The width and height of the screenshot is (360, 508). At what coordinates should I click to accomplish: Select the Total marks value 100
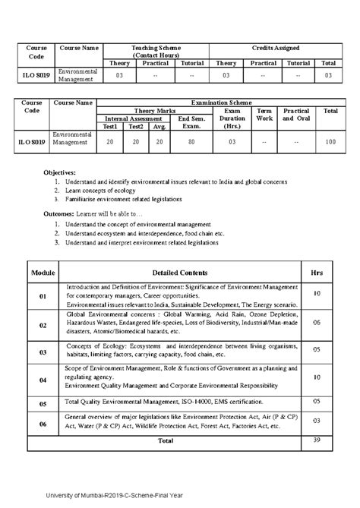(330, 141)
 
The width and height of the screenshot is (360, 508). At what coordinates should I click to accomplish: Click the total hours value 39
(317, 440)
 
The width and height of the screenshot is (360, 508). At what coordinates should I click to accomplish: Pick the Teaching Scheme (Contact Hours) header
(154, 52)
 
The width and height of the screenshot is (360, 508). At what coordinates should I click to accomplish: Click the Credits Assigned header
(276, 48)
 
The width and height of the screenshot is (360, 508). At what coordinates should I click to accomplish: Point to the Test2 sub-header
(135, 126)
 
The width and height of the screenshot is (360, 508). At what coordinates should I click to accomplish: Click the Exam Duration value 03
(232, 141)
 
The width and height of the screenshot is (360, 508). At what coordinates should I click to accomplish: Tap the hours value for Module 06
(317, 420)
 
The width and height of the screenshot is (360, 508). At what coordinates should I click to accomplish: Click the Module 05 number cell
(43, 404)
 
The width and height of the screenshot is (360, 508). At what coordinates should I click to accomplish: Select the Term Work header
(264, 115)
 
